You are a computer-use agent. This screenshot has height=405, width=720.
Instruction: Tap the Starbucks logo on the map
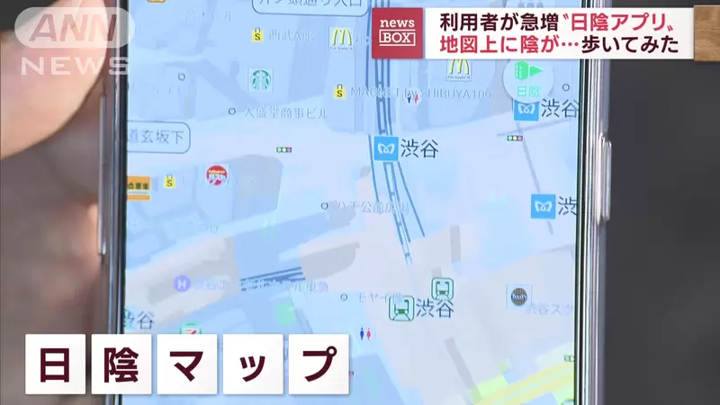(x=260, y=80)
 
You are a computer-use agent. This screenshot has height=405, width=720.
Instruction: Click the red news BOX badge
(x=397, y=32)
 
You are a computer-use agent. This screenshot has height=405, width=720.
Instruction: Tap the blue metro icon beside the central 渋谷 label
(x=386, y=148)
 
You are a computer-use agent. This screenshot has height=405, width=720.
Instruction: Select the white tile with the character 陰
(x=121, y=364)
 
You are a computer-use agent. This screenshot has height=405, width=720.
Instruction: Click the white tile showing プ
(x=318, y=364)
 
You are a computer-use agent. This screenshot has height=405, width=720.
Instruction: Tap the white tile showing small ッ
(x=253, y=364)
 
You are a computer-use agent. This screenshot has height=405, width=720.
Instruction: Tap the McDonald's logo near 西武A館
(x=339, y=38)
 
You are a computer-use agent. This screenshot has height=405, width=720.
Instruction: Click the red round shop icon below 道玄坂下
(x=217, y=174)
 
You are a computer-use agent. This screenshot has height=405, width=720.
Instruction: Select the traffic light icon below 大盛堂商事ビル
(x=283, y=149)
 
